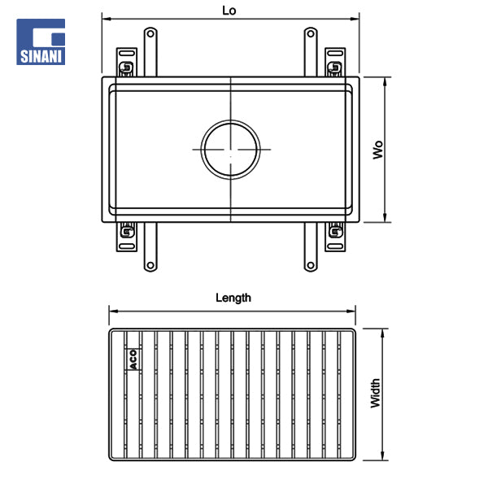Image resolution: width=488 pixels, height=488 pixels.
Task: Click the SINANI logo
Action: point(41,41)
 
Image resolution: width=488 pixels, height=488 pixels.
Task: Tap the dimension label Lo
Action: point(229,11)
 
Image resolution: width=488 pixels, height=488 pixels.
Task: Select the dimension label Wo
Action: point(378,150)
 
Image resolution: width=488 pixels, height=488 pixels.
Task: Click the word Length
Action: point(233,298)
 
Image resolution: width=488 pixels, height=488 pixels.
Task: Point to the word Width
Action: point(376,393)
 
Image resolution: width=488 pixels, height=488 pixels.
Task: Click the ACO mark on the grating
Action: point(133,359)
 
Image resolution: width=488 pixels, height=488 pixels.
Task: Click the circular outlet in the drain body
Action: point(231,150)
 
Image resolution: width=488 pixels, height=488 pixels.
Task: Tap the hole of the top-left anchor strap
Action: point(150,33)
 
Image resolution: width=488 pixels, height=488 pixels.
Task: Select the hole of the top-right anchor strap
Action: point(311,33)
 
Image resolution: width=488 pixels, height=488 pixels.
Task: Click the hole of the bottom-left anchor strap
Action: point(150,265)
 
